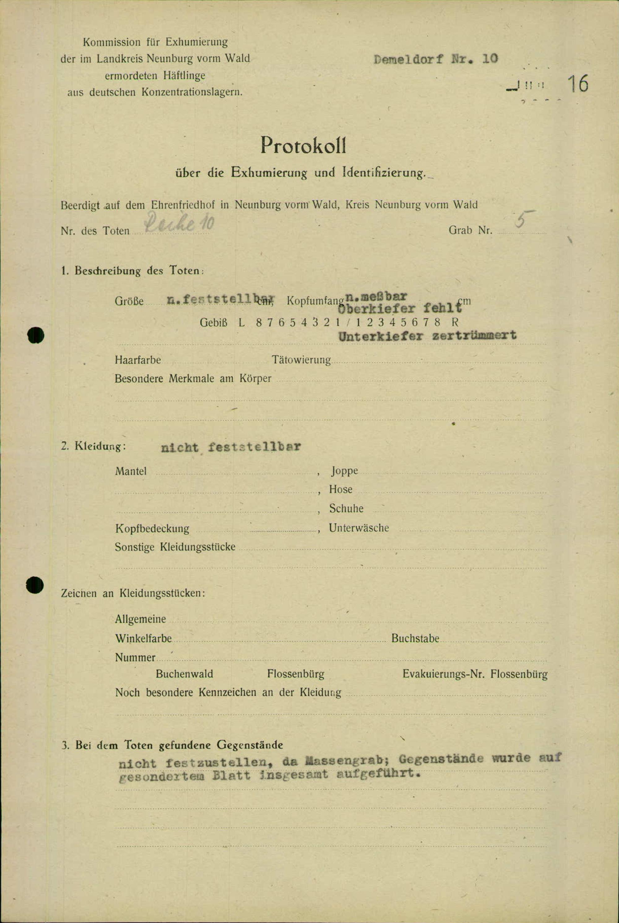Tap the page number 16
(578, 84)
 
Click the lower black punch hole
(35, 585)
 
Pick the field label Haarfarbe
(138, 360)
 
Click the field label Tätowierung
(301, 360)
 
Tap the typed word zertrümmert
(474, 336)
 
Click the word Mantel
(131, 471)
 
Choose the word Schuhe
(346, 509)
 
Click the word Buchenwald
(184, 674)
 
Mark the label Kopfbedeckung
(152, 529)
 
